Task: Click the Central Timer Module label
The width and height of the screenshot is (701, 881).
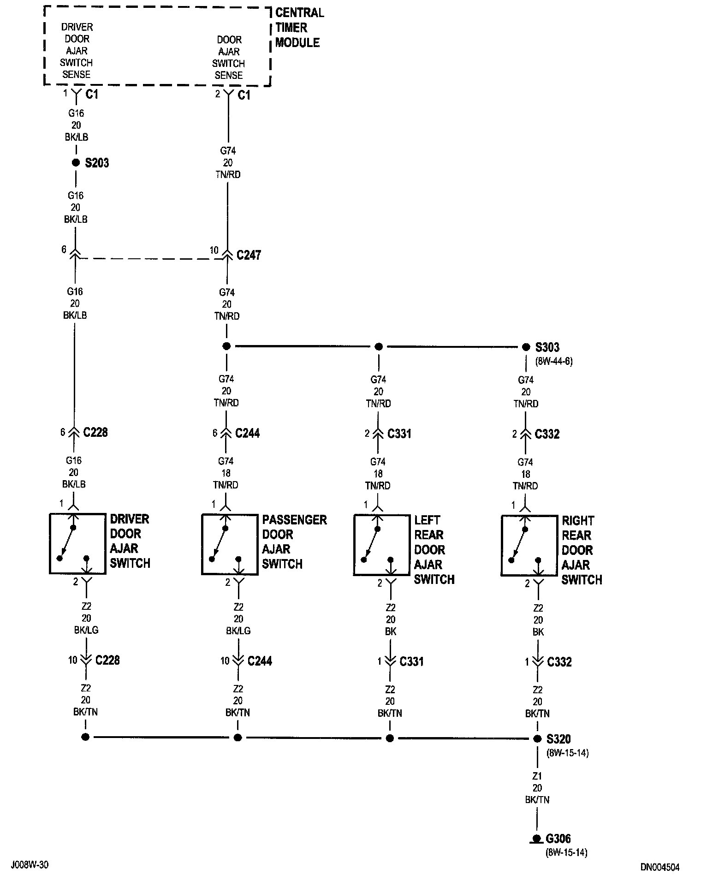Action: point(299,28)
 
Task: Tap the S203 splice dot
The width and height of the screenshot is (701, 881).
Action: point(76,163)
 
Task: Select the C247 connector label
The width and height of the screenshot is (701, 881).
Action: point(249,255)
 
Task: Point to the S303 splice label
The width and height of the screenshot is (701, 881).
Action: point(547,347)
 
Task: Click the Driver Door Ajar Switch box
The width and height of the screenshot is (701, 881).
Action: point(77,544)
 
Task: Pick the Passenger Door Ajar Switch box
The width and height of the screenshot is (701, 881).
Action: point(230,545)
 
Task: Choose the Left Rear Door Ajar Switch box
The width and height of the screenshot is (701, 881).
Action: point(382,545)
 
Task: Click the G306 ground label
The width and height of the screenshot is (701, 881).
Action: point(558,839)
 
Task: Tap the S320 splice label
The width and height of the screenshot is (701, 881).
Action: point(558,739)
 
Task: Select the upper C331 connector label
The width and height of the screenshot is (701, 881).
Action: point(399,434)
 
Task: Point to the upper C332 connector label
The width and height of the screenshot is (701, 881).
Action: point(547,435)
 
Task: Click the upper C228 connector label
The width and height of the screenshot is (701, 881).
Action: point(95,433)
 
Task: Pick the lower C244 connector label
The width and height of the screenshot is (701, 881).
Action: point(260,661)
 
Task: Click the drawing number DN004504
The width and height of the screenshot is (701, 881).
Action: point(659,868)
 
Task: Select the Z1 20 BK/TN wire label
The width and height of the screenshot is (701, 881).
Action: point(537,788)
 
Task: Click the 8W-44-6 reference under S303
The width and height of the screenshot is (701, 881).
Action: point(553,362)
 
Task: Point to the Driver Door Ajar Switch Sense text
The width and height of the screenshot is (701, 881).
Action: point(77,51)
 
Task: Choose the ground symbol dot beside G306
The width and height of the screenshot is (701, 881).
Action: point(536,838)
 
